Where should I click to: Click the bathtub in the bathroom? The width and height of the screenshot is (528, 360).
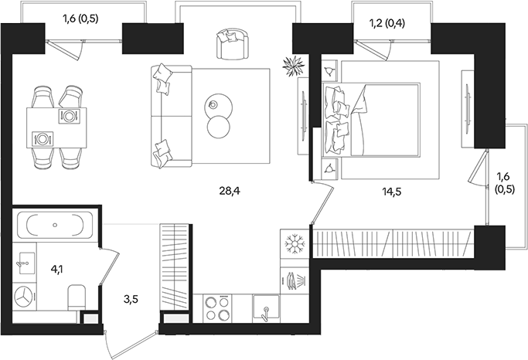pyautogui.click(x=55, y=226)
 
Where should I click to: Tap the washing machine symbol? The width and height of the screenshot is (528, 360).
pyautogui.click(x=27, y=297)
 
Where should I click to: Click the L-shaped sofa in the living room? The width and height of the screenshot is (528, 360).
pyautogui.click(x=166, y=116)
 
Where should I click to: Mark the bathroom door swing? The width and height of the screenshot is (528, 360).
pyautogui.click(x=112, y=259)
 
